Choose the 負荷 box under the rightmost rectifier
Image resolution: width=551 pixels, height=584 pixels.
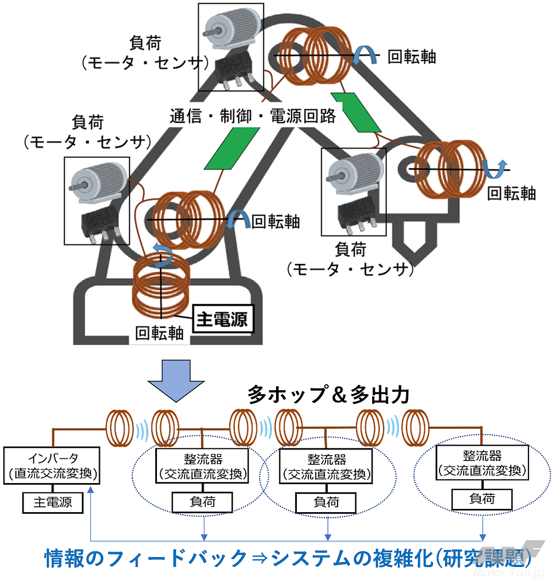point(481,498)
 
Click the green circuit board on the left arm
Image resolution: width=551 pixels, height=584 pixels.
point(232,148)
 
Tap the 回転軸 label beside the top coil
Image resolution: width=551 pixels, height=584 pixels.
point(411,57)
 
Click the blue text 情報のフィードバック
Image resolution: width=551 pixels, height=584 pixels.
point(145,559)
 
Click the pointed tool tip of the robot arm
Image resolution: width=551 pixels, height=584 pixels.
point(408,239)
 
